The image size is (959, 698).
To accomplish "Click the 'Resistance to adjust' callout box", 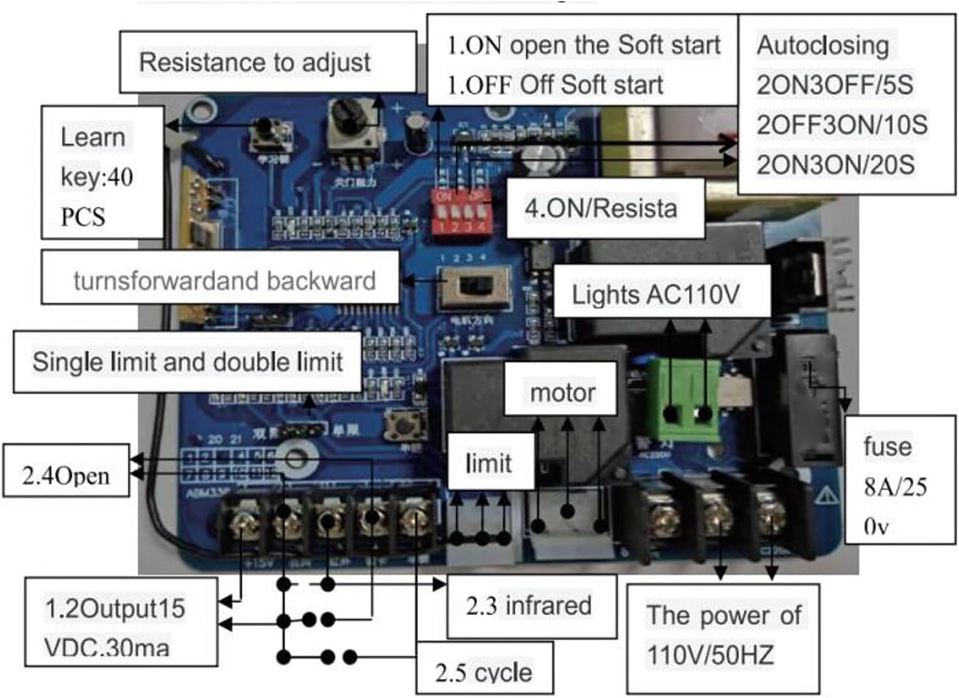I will pyautogui.click(x=267, y=63).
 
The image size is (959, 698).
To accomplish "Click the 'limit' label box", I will pyautogui.click(x=490, y=462).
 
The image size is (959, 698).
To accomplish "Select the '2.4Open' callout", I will pyautogui.click(x=66, y=471).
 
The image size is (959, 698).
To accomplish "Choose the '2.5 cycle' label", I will pyautogui.click(x=484, y=669).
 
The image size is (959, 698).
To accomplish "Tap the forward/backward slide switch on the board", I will pyautogui.click(x=475, y=287).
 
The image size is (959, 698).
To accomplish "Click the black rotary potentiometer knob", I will pyautogui.click(x=350, y=117).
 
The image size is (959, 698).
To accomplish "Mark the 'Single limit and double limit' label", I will pyautogui.click(x=187, y=362).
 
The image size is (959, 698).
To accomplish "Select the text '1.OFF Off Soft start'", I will pyautogui.click(x=555, y=85).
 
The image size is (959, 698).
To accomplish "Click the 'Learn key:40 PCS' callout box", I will pyautogui.click(x=102, y=173).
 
